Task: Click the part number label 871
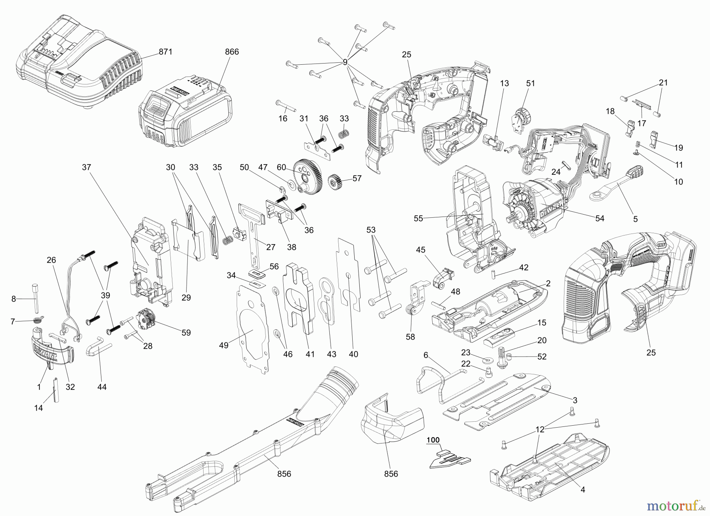click(166, 52)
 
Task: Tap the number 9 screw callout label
click(345, 62)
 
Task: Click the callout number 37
click(86, 167)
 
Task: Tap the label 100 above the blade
click(433, 440)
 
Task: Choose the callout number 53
click(371, 230)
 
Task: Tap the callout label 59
click(186, 333)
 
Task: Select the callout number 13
click(504, 83)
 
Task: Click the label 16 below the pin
click(283, 118)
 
